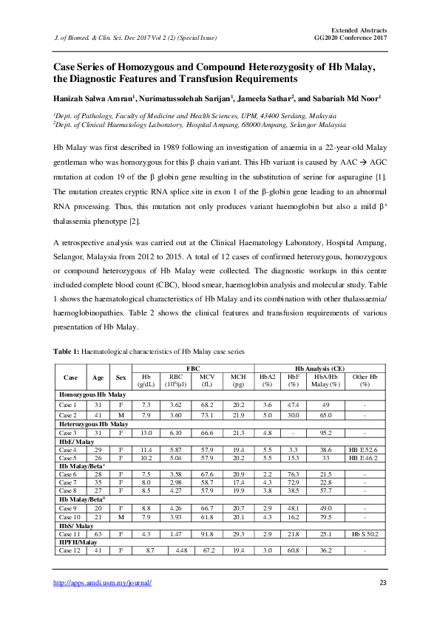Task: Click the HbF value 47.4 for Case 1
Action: click(294, 406)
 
